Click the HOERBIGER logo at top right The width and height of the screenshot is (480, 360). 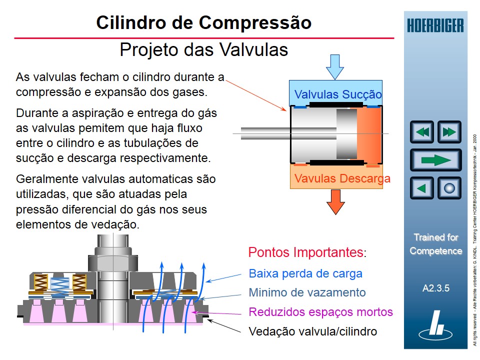(x=435, y=25)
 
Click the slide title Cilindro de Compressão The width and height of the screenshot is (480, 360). (x=203, y=23)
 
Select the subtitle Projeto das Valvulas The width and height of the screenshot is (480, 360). (x=204, y=50)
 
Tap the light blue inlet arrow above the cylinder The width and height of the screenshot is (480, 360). (x=334, y=66)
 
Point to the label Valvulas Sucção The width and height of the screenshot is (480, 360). (x=338, y=94)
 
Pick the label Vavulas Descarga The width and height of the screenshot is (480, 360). (x=342, y=178)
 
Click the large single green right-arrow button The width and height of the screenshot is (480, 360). (x=435, y=160)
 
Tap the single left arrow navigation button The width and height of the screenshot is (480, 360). (x=422, y=188)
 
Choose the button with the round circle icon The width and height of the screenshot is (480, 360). (x=449, y=188)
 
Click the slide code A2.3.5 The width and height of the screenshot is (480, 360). (x=436, y=288)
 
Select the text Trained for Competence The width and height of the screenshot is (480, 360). (x=436, y=244)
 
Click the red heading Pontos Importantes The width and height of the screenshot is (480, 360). (x=306, y=252)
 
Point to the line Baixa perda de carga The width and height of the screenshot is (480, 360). (x=305, y=273)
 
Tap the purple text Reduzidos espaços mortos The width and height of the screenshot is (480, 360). (x=320, y=312)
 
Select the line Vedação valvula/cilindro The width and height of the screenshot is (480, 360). (x=312, y=331)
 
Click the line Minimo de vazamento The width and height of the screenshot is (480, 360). (x=307, y=292)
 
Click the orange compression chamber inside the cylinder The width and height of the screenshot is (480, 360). (x=369, y=133)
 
